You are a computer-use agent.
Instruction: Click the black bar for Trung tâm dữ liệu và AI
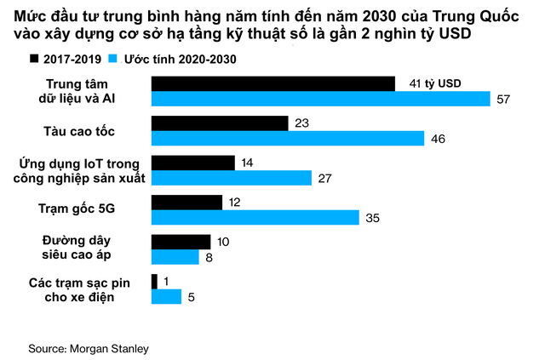(272, 83)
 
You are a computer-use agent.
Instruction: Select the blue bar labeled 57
(320, 100)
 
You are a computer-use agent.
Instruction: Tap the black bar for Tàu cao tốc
(219, 123)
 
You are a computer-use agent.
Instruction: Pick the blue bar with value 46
(287, 138)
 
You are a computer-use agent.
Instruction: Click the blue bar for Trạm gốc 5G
(255, 218)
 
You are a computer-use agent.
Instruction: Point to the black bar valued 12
(186, 203)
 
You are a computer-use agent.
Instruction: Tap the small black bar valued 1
(154, 282)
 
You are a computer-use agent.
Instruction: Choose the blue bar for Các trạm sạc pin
(166, 297)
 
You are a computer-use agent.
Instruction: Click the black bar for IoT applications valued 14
(192, 163)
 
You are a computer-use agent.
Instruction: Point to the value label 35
(371, 218)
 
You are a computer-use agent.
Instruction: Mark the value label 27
(324, 178)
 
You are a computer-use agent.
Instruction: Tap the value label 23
(300, 123)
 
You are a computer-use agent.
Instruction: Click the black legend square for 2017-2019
(35, 59)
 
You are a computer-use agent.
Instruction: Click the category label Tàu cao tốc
(78, 131)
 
